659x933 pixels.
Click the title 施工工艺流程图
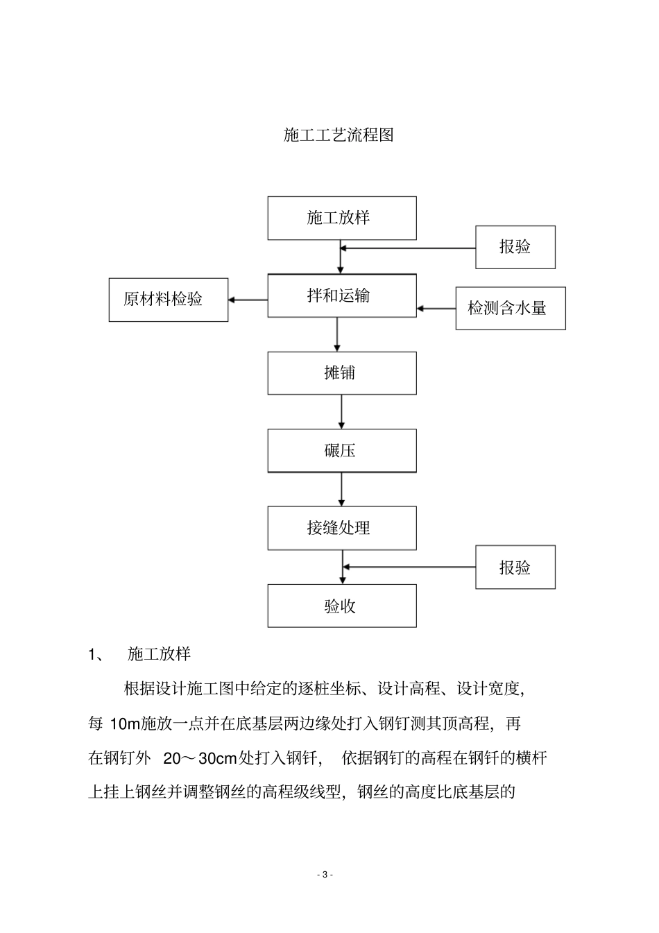point(339,135)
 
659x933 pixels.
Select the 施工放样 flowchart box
point(342,218)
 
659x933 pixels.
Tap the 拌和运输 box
point(342,296)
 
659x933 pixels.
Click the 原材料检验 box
point(168,300)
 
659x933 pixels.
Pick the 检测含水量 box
point(510,308)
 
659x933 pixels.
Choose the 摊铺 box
point(342,373)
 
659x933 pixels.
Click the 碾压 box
point(342,451)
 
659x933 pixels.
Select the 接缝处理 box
point(342,528)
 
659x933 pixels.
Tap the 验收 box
point(342,606)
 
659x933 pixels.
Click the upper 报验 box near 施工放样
point(515,247)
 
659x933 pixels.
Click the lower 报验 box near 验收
point(515,567)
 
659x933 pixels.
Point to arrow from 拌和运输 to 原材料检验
point(248,300)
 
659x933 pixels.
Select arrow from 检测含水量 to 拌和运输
point(436,308)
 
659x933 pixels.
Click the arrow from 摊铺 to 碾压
point(341,411)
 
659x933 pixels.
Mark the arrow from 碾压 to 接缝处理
point(341,489)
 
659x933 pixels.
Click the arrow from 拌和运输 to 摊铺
point(337,334)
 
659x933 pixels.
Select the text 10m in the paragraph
point(125,724)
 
